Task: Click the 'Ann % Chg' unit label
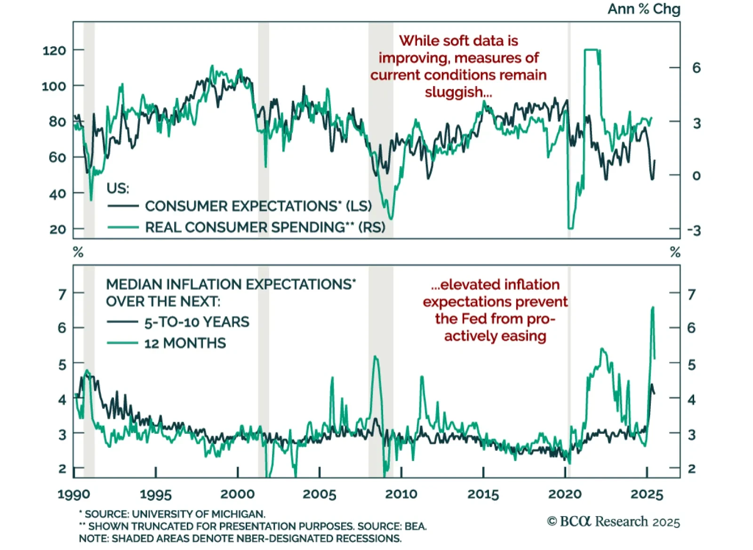pos(643,9)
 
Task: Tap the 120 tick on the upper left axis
pos(54,50)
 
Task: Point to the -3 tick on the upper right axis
pos(693,231)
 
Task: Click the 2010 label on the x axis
pos(401,494)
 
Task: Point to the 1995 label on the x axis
pos(156,494)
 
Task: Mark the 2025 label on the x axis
pos(647,494)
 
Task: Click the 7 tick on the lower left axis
pos(62,295)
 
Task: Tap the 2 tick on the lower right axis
pos(691,469)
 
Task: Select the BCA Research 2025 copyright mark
pos(613,522)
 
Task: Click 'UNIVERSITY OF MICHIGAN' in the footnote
pos(198,514)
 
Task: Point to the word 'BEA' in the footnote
pos(415,526)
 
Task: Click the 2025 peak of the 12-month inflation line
pos(652,307)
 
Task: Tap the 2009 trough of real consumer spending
pos(391,219)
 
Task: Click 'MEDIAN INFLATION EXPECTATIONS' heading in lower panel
pos(229,285)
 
